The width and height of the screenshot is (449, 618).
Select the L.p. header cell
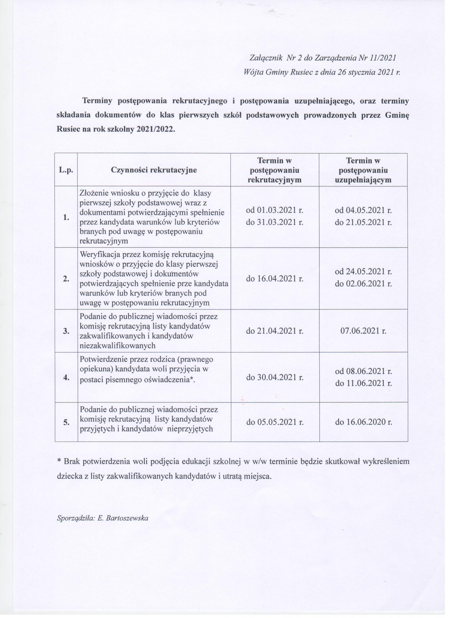click(x=67, y=171)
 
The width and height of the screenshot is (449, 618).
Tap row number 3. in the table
click(x=67, y=334)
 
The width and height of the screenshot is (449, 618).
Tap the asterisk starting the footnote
click(x=59, y=465)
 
